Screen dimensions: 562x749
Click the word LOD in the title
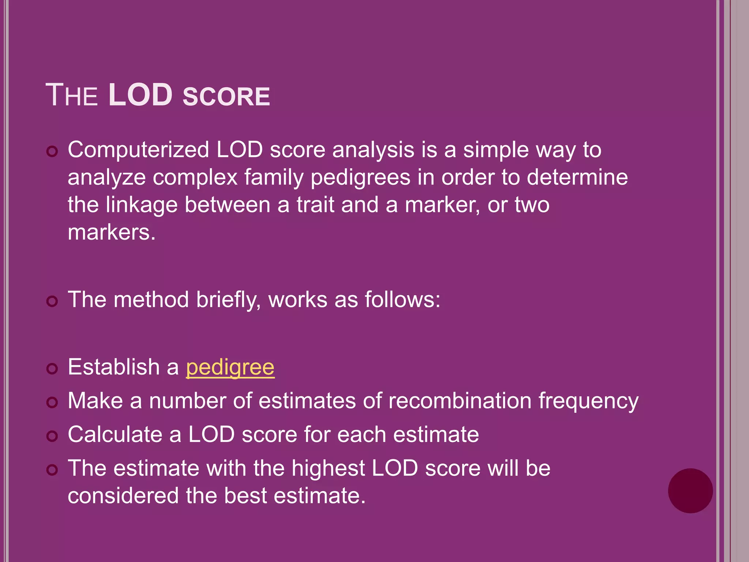[140, 95]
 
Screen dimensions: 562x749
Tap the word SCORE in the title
[226, 97]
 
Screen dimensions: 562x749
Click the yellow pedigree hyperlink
[230, 367]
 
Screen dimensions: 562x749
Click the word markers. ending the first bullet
[112, 232]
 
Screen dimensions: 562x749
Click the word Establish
[114, 367]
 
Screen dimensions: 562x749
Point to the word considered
[123, 496]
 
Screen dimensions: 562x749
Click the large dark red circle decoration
[690, 491]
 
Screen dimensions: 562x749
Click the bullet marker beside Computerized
[52, 151]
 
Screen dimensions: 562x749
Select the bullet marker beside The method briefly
[52, 301]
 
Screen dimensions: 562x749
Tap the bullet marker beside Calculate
[52, 436]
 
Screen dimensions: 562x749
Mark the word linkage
[142, 205]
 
